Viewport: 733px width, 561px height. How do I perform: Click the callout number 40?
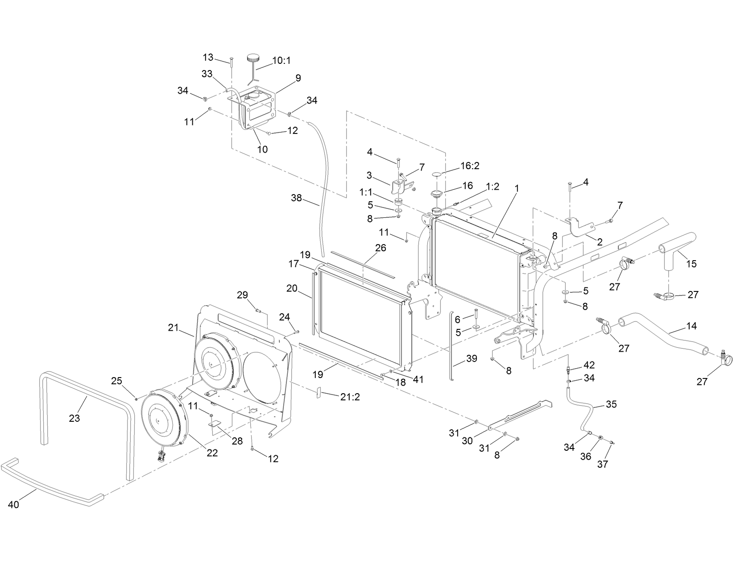(14, 504)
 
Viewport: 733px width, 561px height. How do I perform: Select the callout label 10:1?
(281, 60)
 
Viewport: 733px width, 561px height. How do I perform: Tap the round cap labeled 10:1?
(253, 58)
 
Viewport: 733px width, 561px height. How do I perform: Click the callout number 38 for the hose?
(296, 197)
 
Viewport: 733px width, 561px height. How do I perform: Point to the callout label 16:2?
(470, 166)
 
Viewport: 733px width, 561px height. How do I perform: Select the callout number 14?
(691, 326)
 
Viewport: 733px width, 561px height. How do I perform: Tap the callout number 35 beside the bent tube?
(611, 404)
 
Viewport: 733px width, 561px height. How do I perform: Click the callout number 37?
(603, 464)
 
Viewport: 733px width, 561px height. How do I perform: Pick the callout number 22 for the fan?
(212, 453)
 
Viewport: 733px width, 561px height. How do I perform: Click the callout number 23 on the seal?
(75, 418)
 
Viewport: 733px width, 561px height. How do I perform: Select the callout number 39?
(471, 358)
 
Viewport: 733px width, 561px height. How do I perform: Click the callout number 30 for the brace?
(468, 440)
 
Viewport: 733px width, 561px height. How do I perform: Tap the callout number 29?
(242, 295)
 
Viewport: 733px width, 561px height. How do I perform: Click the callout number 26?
(381, 248)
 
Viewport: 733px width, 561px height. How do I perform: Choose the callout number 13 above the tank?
(208, 57)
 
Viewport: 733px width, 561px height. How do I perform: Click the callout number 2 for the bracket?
(600, 242)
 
